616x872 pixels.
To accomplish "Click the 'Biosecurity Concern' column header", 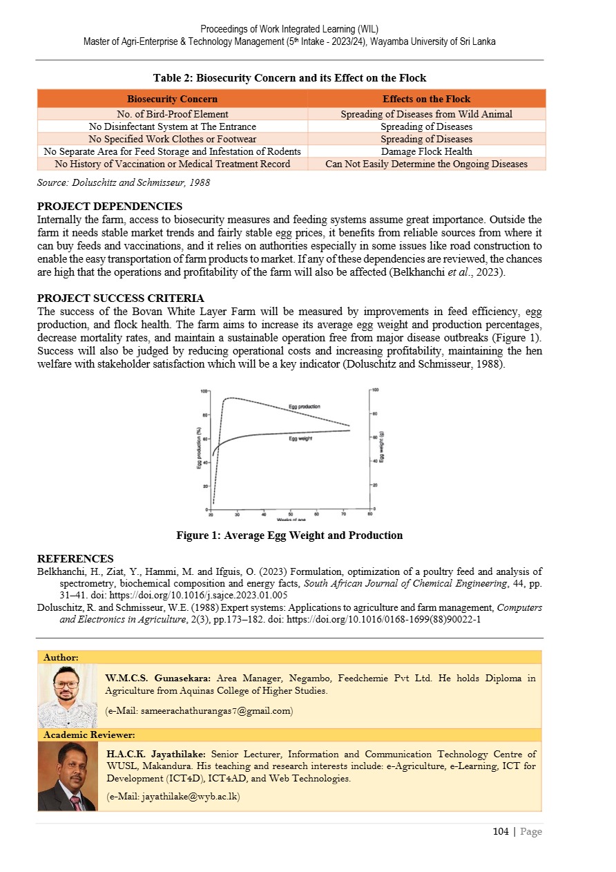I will click(172, 99).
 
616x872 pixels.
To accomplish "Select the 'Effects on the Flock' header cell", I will click(426, 99).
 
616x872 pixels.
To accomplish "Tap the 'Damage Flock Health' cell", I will click(426, 151).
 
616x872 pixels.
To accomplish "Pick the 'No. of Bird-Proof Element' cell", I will click(172, 114).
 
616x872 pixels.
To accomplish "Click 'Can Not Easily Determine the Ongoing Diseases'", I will click(426, 164).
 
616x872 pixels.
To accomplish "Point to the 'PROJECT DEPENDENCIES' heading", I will click(109, 207).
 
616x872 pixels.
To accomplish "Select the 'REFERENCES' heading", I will click(75, 559).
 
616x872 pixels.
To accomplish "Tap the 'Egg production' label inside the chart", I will click(304, 406).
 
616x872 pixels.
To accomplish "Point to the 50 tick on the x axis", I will click(291, 514).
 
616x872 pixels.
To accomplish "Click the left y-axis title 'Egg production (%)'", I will click(199, 448).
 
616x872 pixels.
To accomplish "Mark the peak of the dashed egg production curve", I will click(230, 398).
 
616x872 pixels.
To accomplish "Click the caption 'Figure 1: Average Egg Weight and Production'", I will click(289, 535).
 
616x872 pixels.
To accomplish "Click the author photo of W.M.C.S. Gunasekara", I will click(67, 696).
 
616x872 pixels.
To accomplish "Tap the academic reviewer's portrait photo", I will click(67, 777).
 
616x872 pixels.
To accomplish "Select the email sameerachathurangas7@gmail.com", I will click(200, 710).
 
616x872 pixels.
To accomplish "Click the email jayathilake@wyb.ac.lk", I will click(173, 797).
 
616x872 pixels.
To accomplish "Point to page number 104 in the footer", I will click(500, 832).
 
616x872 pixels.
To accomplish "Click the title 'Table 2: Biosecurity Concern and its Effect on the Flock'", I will click(289, 77).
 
